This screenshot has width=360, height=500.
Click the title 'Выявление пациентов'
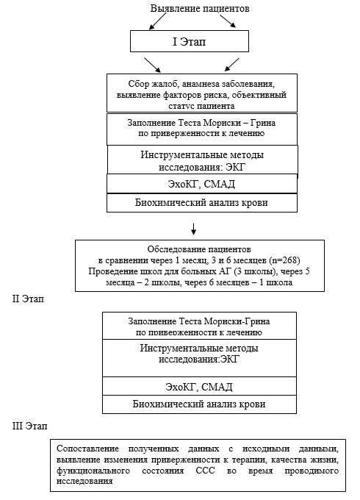200,9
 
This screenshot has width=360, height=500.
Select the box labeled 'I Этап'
190,41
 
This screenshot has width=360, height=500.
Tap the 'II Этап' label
28,299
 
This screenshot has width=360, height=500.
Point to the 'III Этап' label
29,426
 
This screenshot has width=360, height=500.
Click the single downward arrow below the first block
193,229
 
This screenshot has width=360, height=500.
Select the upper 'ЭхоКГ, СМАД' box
202,184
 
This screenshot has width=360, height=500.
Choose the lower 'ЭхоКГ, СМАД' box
199,387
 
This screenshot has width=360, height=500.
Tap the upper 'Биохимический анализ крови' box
202,203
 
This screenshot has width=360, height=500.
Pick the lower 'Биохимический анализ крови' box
199,404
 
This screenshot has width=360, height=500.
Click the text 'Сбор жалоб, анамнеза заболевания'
201,84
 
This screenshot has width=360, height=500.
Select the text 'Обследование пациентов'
199,249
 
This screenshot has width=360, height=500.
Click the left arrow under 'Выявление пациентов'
158,22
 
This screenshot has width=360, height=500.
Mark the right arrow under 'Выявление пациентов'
228,21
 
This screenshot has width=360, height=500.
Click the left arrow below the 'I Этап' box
153,65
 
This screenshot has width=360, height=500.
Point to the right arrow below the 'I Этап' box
232,65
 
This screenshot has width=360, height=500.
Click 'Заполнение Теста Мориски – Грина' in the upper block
201,123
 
